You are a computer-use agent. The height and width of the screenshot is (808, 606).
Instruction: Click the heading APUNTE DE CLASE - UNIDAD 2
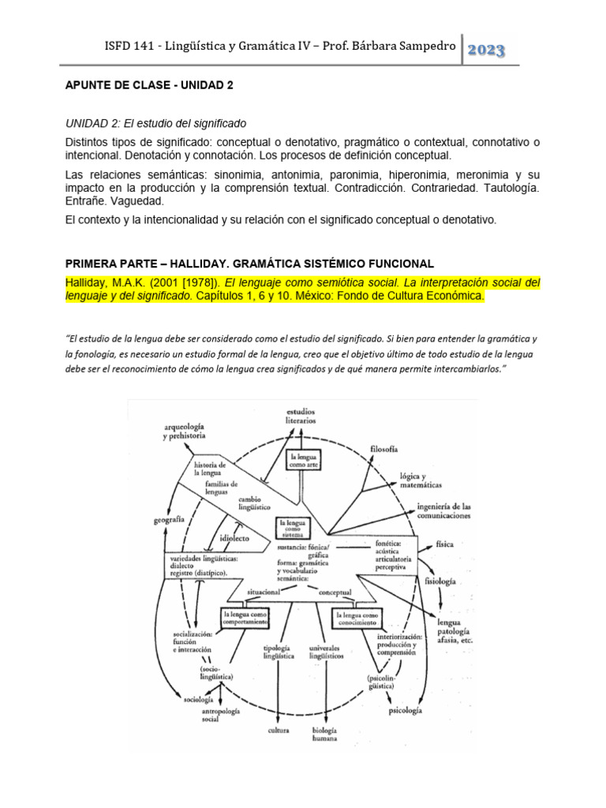148,86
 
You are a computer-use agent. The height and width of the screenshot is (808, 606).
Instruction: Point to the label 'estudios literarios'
301,415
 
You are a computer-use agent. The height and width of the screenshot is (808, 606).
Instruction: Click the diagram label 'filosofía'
383,449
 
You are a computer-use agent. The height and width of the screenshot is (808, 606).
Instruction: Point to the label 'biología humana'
324,734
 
